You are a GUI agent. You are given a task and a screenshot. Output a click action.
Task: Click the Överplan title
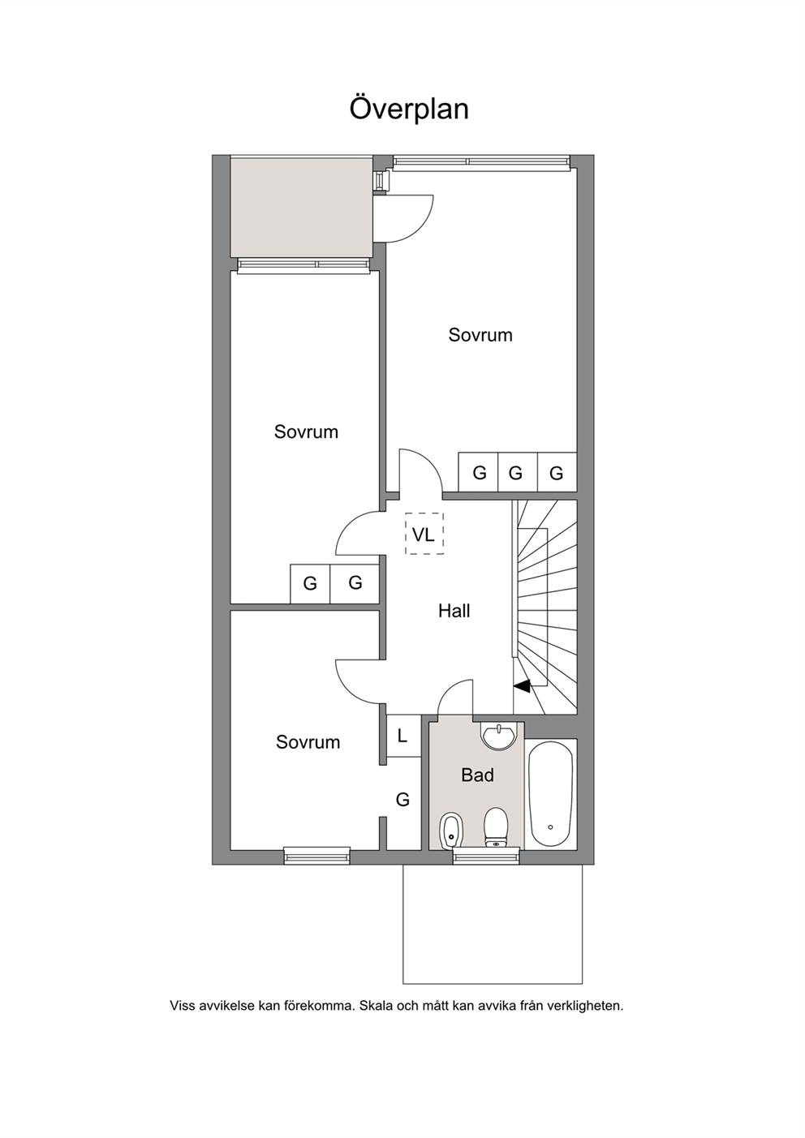(409, 109)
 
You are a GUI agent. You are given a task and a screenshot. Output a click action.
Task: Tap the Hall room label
(454, 611)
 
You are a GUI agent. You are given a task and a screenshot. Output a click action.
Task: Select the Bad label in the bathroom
(477, 775)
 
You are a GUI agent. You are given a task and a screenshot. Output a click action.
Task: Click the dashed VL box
(424, 534)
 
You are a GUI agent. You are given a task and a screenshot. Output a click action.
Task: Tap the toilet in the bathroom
(496, 828)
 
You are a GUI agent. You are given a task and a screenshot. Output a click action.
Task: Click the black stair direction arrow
(522, 686)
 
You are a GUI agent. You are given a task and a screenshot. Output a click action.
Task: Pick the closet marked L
(403, 736)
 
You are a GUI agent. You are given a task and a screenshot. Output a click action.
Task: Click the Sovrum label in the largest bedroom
(480, 335)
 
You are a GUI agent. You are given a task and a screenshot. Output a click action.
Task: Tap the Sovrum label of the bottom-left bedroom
(308, 742)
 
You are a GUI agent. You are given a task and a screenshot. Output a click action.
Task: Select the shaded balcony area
(303, 208)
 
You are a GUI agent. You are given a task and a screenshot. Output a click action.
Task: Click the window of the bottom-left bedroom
(316, 856)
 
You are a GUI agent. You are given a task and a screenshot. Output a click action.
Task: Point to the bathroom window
(486, 856)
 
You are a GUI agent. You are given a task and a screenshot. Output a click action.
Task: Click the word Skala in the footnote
(377, 1006)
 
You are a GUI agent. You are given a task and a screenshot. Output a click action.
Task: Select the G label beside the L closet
(402, 800)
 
